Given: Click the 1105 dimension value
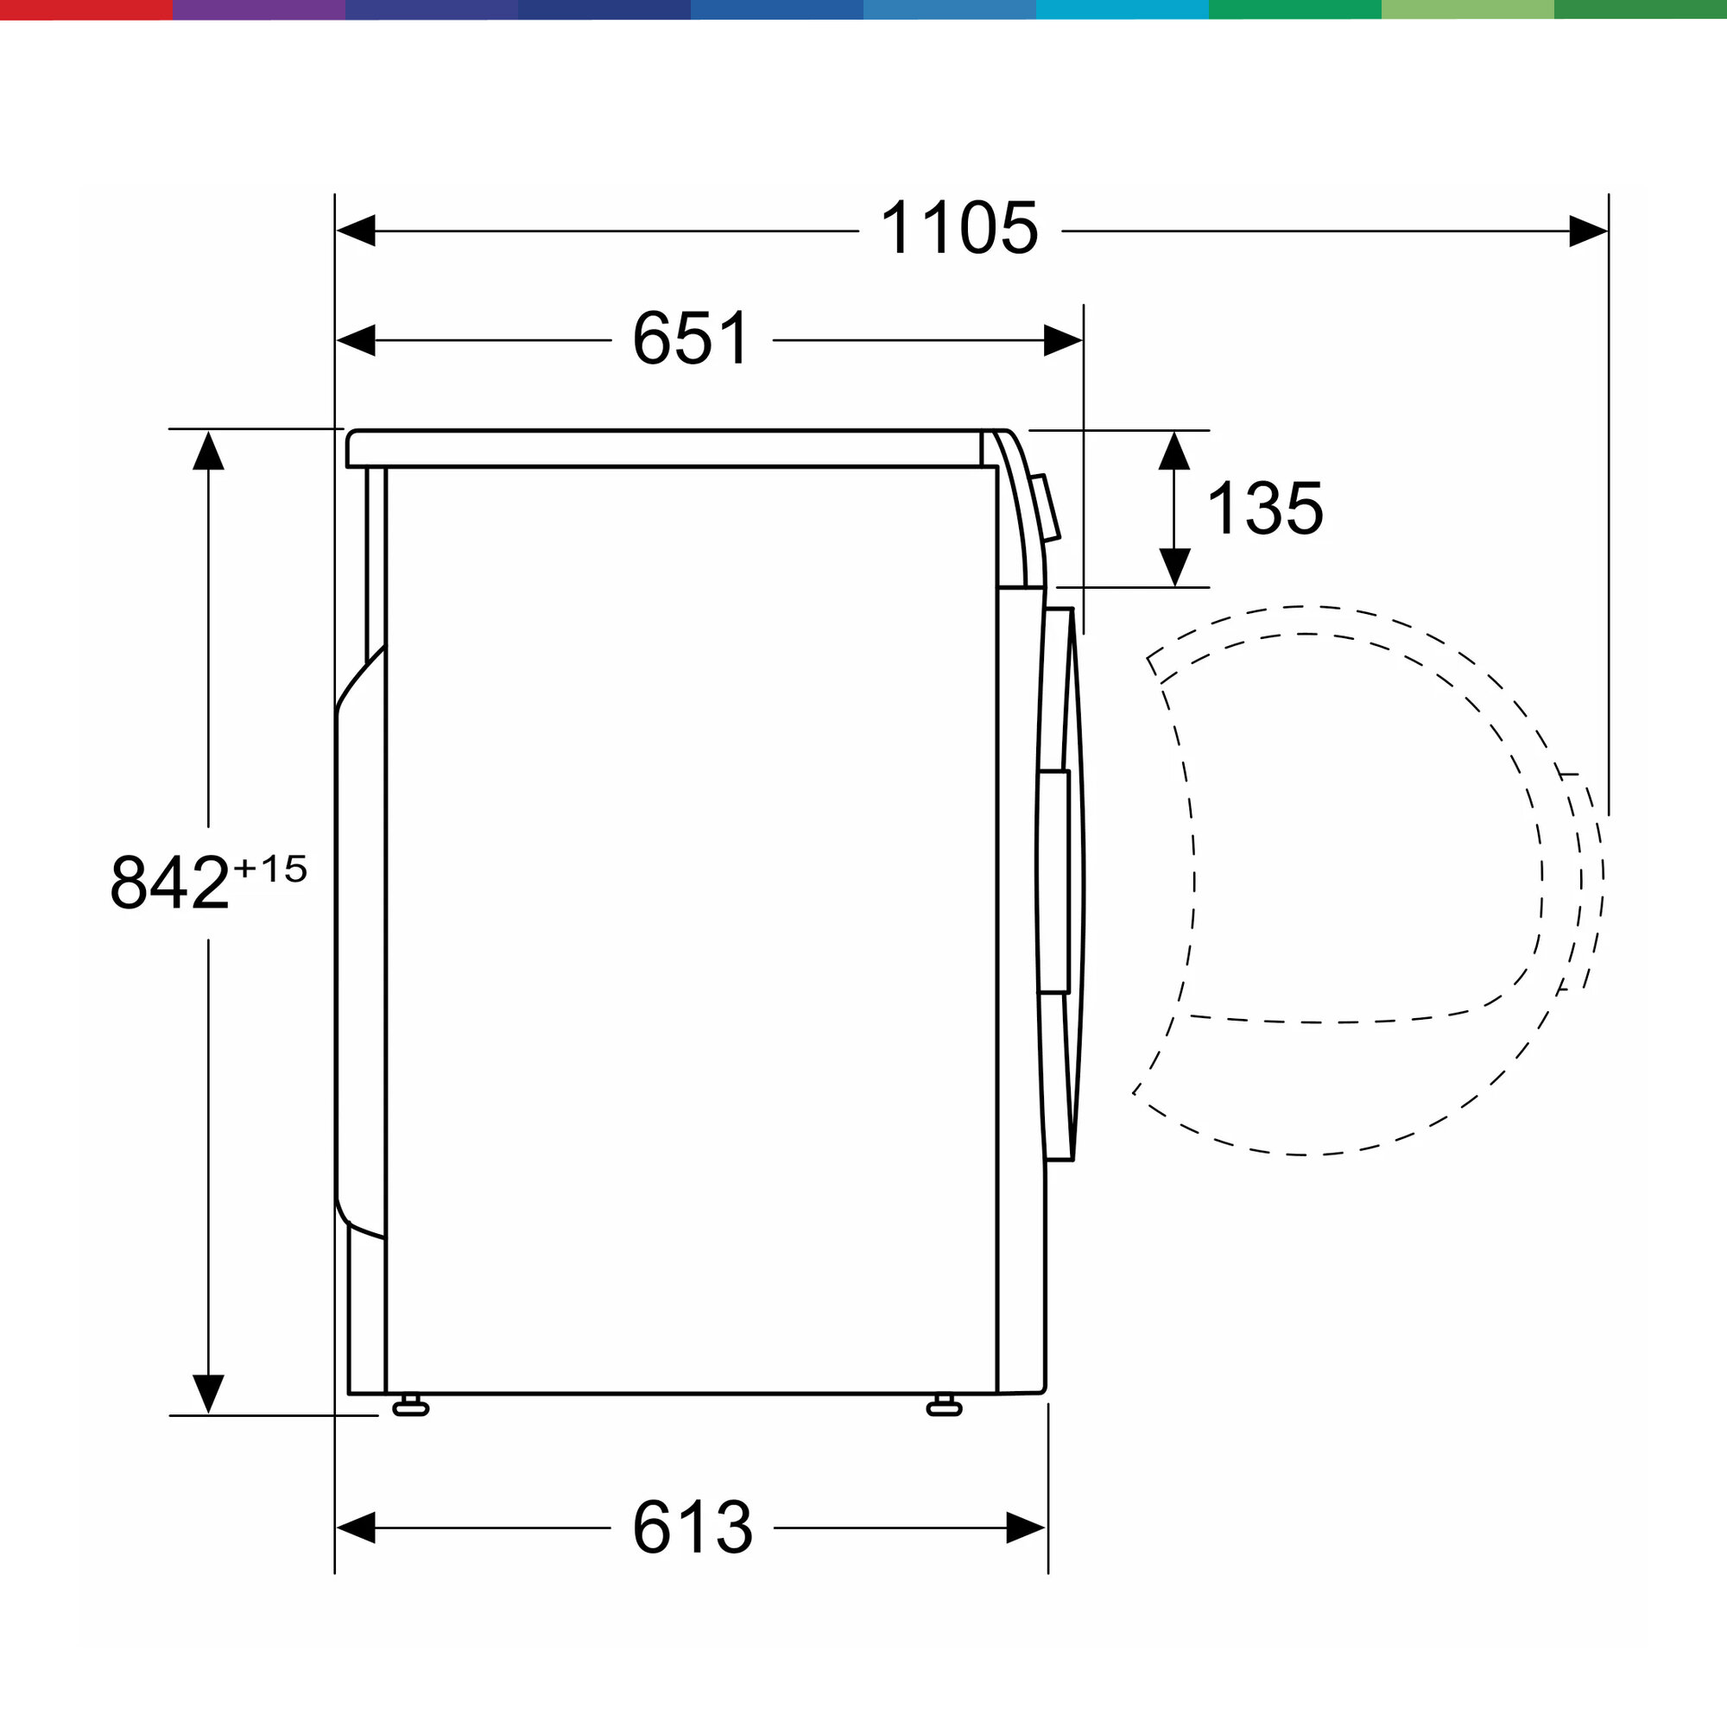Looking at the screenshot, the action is (959, 228).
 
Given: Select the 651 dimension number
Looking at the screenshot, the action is (692, 338).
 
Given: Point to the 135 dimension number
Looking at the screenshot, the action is (1265, 508).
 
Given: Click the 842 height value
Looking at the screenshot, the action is (170, 882).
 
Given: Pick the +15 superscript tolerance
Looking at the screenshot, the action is (270, 869).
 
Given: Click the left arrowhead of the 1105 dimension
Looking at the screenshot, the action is (356, 231).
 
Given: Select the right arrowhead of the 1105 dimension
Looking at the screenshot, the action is (1589, 231).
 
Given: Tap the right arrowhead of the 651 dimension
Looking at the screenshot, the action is (1063, 340).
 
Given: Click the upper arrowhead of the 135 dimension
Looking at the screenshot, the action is (1174, 451).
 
